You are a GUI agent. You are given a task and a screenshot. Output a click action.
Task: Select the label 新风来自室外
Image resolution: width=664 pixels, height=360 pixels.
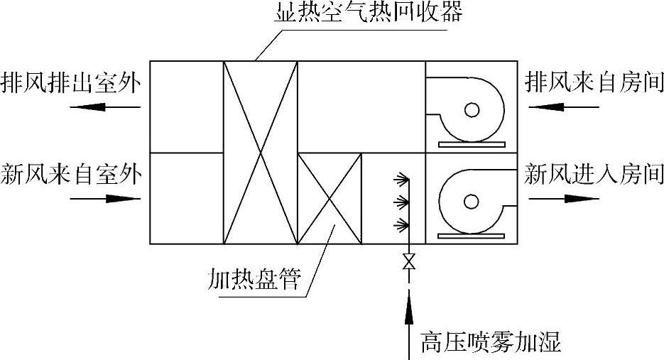(71, 174)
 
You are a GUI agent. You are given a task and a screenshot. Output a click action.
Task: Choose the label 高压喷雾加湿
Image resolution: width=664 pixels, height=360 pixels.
(490, 343)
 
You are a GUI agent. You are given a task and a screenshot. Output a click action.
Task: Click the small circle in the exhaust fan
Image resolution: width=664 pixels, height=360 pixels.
(471, 110)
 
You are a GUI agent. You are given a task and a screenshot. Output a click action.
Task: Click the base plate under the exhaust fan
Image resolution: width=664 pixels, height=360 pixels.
(472, 144)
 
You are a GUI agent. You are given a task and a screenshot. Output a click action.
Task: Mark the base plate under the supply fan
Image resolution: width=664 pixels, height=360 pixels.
(472, 234)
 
